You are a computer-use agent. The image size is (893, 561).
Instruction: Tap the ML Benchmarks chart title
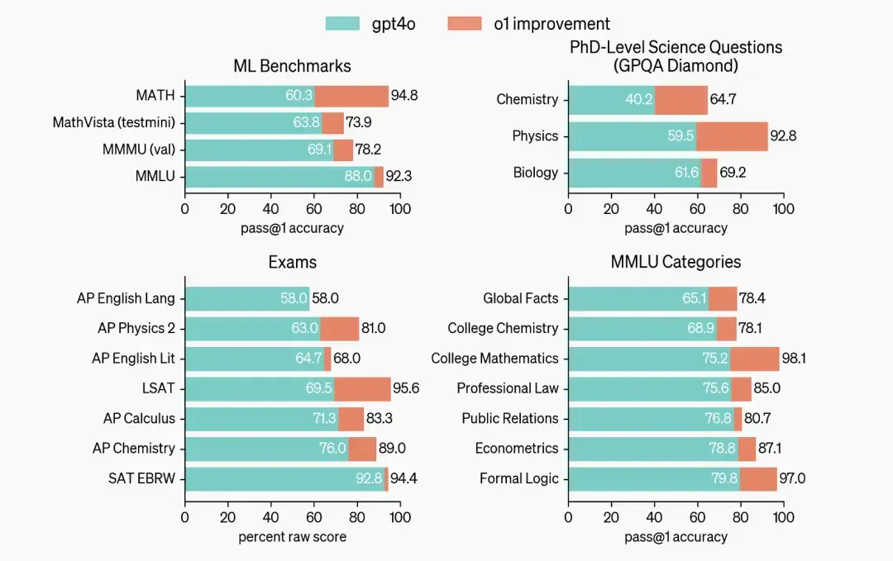tap(292, 66)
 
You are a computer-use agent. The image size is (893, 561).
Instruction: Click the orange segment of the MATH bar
tap(351, 96)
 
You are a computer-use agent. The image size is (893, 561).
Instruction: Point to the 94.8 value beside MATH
tap(404, 96)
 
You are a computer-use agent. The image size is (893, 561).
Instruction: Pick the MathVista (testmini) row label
tap(114, 123)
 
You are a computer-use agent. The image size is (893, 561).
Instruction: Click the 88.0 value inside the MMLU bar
tap(358, 176)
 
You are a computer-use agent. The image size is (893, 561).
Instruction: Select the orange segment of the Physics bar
tap(732, 136)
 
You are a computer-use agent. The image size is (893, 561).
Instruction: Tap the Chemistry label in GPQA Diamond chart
tap(527, 100)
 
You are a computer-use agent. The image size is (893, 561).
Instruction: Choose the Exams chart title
tap(292, 263)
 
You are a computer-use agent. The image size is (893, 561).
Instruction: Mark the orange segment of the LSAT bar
tap(362, 388)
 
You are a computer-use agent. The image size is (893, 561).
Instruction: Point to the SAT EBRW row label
tap(141, 478)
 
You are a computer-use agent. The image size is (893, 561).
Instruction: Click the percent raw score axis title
tap(292, 537)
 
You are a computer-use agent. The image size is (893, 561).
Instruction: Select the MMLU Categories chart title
tap(676, 263)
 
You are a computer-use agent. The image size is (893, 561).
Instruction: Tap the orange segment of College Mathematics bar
tap(754, 359)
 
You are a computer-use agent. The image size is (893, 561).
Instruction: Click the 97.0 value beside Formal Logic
tap(792, 478)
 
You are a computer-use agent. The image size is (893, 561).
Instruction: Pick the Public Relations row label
tap(509, 419)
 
